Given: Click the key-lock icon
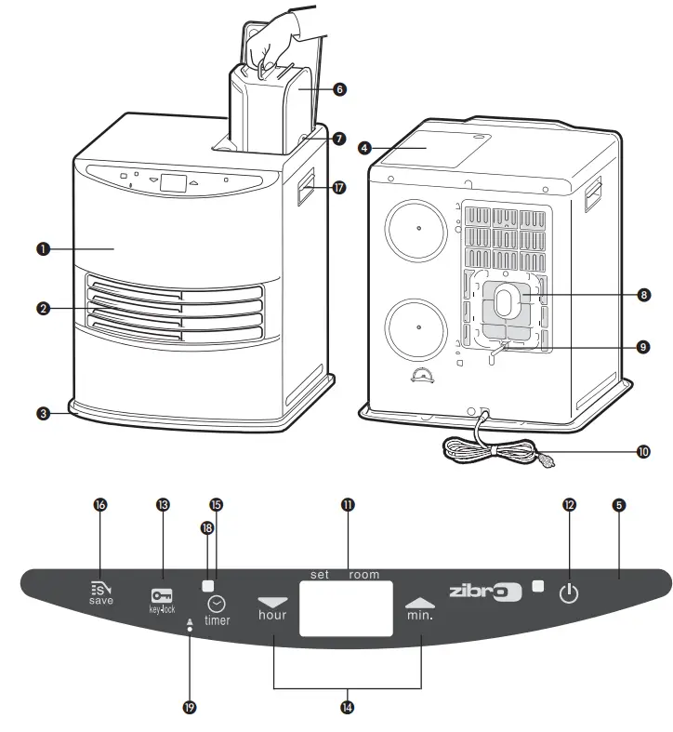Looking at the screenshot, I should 162,595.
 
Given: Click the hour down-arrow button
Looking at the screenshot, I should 272,603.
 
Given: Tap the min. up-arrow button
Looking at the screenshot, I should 420,603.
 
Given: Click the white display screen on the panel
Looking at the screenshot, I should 346,609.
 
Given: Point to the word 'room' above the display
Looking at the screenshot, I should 363,575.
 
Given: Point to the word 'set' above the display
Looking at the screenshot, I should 321,575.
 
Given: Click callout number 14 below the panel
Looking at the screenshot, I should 347,707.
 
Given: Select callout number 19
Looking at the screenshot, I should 190,708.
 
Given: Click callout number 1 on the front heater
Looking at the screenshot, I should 42,248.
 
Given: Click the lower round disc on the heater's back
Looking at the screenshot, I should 418,327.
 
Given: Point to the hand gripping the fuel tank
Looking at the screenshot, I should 275,37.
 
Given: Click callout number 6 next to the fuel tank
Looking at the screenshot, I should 338,89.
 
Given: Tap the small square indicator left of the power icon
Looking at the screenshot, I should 538,586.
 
